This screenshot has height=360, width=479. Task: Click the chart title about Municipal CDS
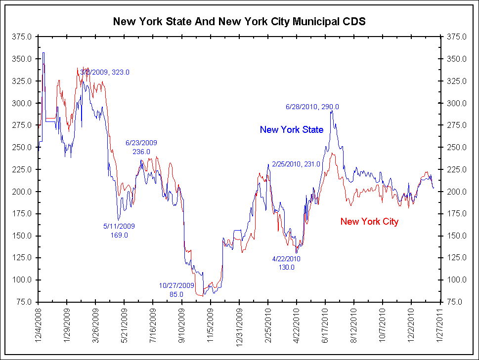tap(239, 22)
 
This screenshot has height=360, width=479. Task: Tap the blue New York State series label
tap(292, 130)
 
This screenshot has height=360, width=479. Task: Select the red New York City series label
tap(369, 222)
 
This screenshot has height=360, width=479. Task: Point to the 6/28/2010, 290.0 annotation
tap(312, 107)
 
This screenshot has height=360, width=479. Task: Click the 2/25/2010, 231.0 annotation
tap(296, 164)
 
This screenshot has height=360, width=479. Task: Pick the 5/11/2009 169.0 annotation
tap(119, 231)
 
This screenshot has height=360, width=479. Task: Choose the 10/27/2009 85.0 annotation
tap(176, 290)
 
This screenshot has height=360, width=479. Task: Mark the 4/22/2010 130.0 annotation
tap(286, 263)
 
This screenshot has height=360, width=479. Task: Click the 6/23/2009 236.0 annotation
tap(141, 147)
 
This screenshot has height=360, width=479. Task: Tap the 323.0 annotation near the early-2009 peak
tap(105, 72)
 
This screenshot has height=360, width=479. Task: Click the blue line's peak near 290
tap(331, 111)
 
